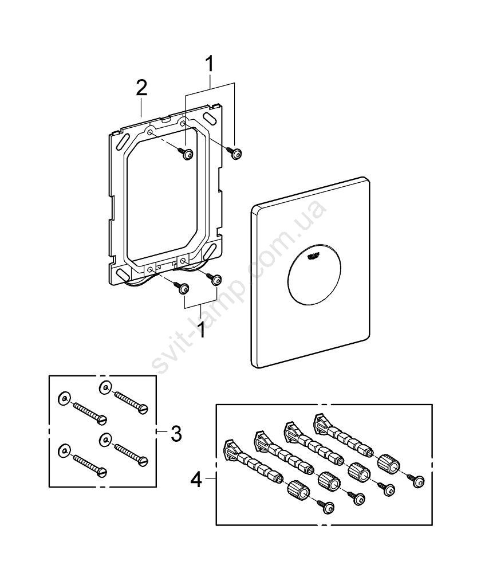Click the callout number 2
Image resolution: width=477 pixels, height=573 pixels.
(x=141, y=89)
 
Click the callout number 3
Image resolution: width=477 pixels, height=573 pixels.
(x=176, y=434)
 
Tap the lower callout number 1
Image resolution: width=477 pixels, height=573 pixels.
(x=202, y=329)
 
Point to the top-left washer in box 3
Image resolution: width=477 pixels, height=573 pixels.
(x=64, y=398)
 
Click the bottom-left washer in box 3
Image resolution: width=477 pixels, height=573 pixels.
(x=63, y=450)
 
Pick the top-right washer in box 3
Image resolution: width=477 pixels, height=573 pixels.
(x=105, y=386)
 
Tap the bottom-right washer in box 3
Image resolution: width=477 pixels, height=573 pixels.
(x=105, y=439)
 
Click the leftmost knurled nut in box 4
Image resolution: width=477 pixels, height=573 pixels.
(x=298, y=490)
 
